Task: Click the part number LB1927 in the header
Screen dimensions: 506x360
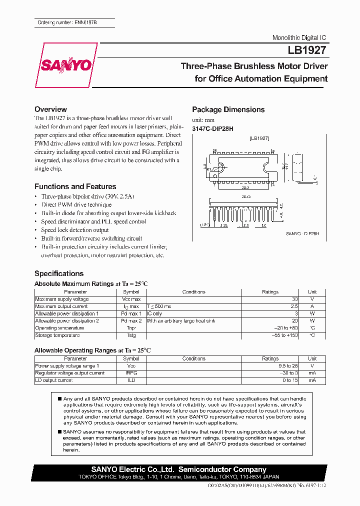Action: [x=307, y=50]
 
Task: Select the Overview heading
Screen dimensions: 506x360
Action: [x=50, y=109]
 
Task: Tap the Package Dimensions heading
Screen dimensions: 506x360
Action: [x=228, y=109]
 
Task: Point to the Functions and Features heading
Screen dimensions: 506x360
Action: [x=75, y=186]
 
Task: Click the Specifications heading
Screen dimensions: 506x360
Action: [x=59, y=273]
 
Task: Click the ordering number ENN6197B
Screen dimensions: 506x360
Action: [x=75, y=23]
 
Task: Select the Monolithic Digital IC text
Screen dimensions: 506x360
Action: [x=299, y=38]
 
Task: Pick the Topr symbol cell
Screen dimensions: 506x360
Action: [x=131, y=328]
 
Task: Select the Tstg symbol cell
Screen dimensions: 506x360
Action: [x=131, y=335]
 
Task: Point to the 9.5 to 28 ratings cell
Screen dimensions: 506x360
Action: [x=287, y=366]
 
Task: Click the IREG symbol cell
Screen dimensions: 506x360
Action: [x=131, y=373]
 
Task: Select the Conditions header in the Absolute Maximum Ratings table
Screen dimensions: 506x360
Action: [x=193, y=292]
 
